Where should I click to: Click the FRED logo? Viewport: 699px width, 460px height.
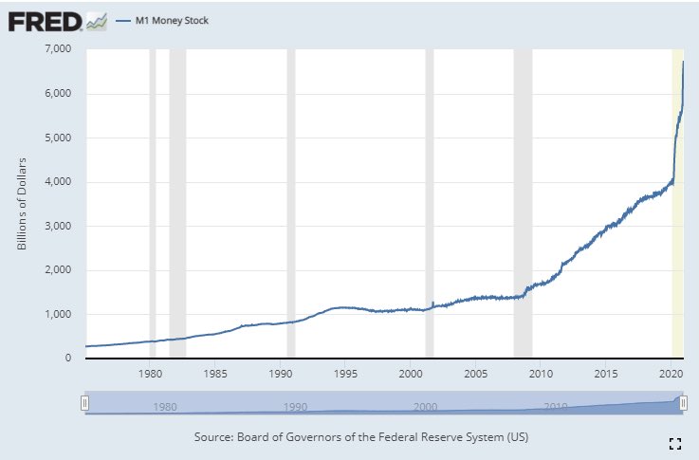pyautogui.click(x=45, y=19)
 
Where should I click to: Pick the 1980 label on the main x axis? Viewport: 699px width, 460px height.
pyautogui.click(x=152, y=374)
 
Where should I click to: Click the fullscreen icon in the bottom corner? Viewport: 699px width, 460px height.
pyautogui.click(x=675, y=443)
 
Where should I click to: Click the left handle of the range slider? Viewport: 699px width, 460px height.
pyautogui.click(x=84, y=404)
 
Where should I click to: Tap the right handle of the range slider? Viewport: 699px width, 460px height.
pyautogui.click(x=681, y=404)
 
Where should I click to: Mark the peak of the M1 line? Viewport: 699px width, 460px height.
pyautogui.click(x=683, y=62)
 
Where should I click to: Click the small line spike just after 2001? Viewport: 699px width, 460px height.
pyautogui.click(x=432, y=304)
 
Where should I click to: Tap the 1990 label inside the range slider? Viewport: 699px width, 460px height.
pyautogui.click(x=296, y=407)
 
